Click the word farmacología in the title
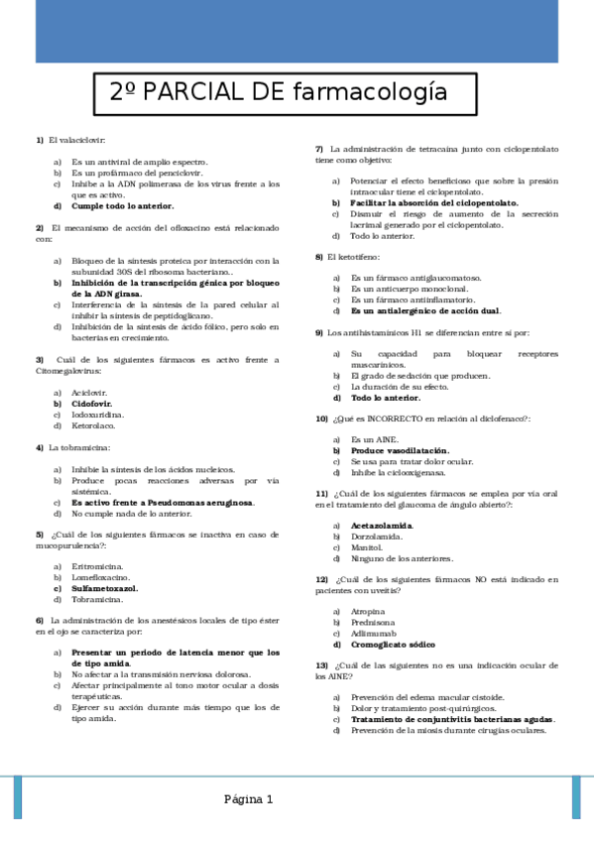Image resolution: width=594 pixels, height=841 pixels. coord(370,92)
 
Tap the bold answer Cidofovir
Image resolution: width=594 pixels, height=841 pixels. coord(91,405)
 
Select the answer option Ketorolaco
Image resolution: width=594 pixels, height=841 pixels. coord(93,426)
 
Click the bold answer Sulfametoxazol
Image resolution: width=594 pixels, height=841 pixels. coord(106,588)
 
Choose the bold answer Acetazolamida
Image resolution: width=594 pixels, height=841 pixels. coord(382,525)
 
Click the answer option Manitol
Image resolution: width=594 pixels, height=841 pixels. coord(366,547)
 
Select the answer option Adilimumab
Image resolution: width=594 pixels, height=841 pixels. coord(374,632)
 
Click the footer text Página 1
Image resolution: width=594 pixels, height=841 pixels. coord(248,799)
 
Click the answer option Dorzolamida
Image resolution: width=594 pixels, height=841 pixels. coord(377,537)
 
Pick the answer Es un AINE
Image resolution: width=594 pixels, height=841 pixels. coord(373,438)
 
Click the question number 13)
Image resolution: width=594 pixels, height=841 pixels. coord(321,664)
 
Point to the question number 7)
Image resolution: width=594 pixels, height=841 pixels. coord(319,149)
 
